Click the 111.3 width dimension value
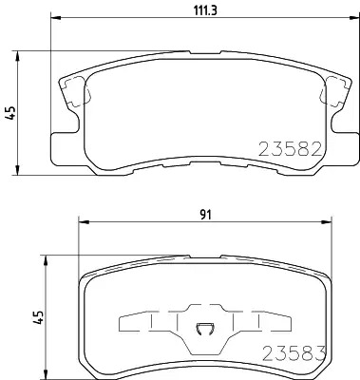click(205, 10)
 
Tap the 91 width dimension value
click(205, 215)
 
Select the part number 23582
click(291, 149)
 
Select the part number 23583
click(294, 353)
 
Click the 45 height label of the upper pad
click(11, 113)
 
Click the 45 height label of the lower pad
click(39, 317)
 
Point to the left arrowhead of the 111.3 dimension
click(55, 17)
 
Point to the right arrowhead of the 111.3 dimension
click(355, 17)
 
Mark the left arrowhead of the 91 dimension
click(83, 221)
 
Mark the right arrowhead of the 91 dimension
click(327, 221)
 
